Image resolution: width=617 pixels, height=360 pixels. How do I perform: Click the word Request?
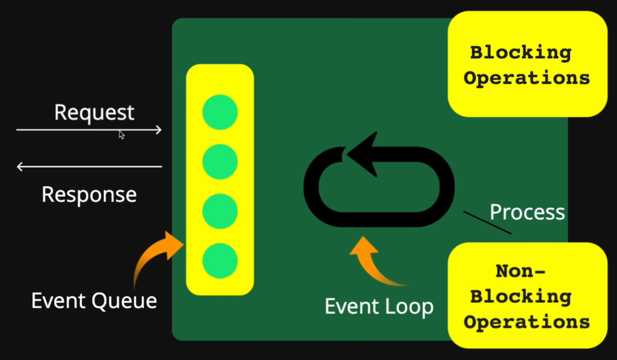point(94,113)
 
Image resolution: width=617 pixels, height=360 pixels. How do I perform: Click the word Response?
point(89,194)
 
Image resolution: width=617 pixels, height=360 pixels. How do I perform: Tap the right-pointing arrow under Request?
point(89,129)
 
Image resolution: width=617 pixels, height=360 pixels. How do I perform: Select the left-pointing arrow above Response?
point(89,167)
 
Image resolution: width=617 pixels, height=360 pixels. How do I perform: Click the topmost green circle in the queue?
point(220,112)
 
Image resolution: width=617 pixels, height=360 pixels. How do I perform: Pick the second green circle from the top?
point(220,162)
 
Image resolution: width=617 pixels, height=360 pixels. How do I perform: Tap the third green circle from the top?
point(220,211)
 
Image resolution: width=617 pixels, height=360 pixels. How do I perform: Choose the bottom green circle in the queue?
point(220,260)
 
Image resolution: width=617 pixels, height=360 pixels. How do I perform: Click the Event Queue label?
point(94,301)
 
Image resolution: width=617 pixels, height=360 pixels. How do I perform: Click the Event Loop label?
point(379,306)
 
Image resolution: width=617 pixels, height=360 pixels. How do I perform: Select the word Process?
point(527,212)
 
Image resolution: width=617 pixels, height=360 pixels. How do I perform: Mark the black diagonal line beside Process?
point(487,222)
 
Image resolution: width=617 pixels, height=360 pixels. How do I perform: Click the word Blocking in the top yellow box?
point(521,53)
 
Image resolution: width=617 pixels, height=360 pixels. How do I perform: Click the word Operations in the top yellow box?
point(527,78)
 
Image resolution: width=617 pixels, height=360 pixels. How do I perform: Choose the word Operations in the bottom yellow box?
point(527,321)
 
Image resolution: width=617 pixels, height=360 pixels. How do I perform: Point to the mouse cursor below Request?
point(121,134)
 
